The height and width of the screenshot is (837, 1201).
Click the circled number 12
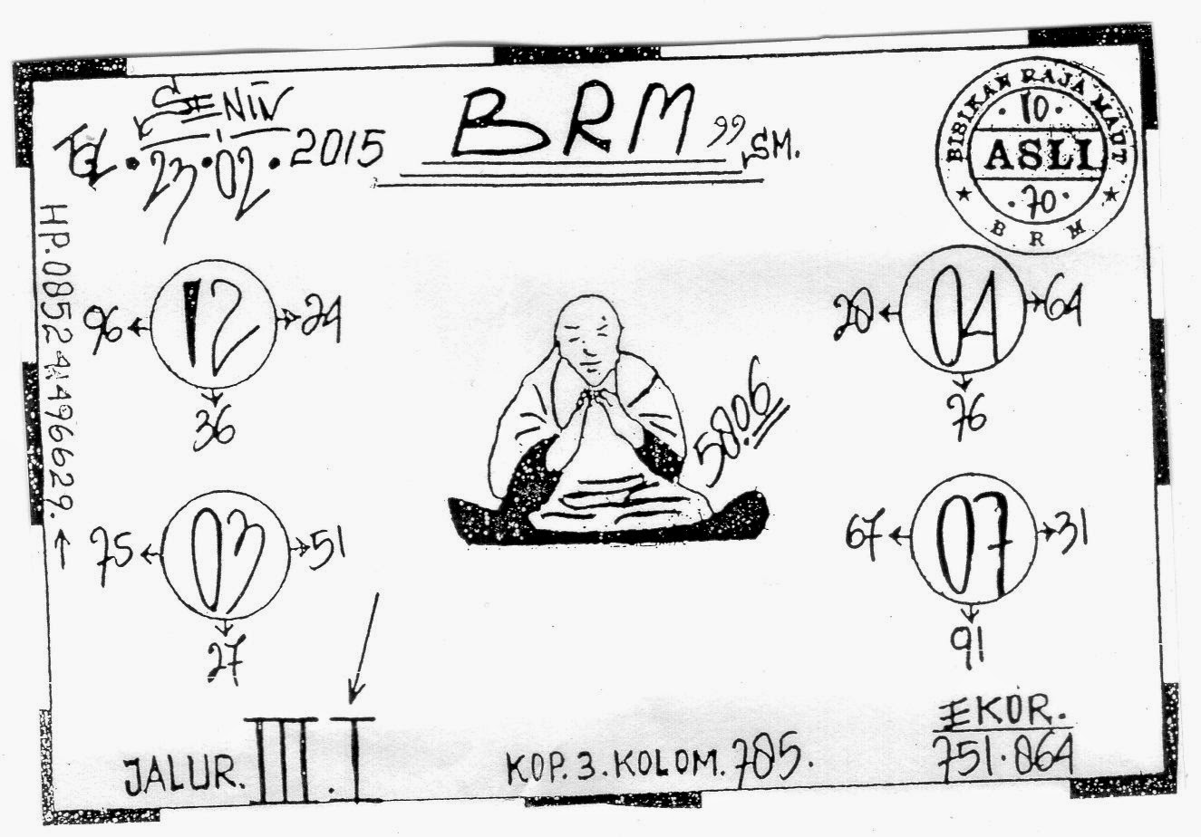click(214, 323)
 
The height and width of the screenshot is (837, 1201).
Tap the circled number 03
click(225, 554)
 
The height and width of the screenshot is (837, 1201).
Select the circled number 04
click(962, 308)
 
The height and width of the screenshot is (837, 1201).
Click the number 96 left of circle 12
click(105, 331)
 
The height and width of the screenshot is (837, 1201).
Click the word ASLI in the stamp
click(1038, 158)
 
